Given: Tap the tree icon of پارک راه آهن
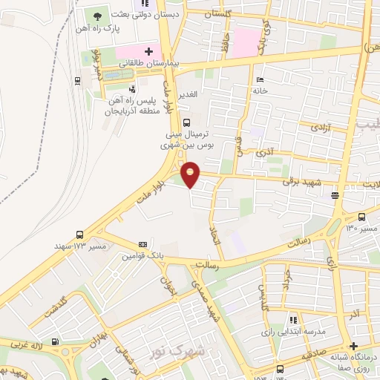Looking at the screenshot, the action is [x=97, y=15].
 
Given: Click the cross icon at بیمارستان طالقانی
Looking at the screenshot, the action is [x=149, y=51].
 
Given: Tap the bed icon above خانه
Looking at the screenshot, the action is [x=258, y=79].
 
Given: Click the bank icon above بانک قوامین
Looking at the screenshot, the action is [x=142, y=243].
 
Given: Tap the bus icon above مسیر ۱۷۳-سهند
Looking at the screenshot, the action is [x=79, y=232].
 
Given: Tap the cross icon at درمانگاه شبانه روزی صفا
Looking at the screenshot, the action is [x=354, y=347].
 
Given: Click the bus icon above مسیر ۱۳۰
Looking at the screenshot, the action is [x=361, y=217].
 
